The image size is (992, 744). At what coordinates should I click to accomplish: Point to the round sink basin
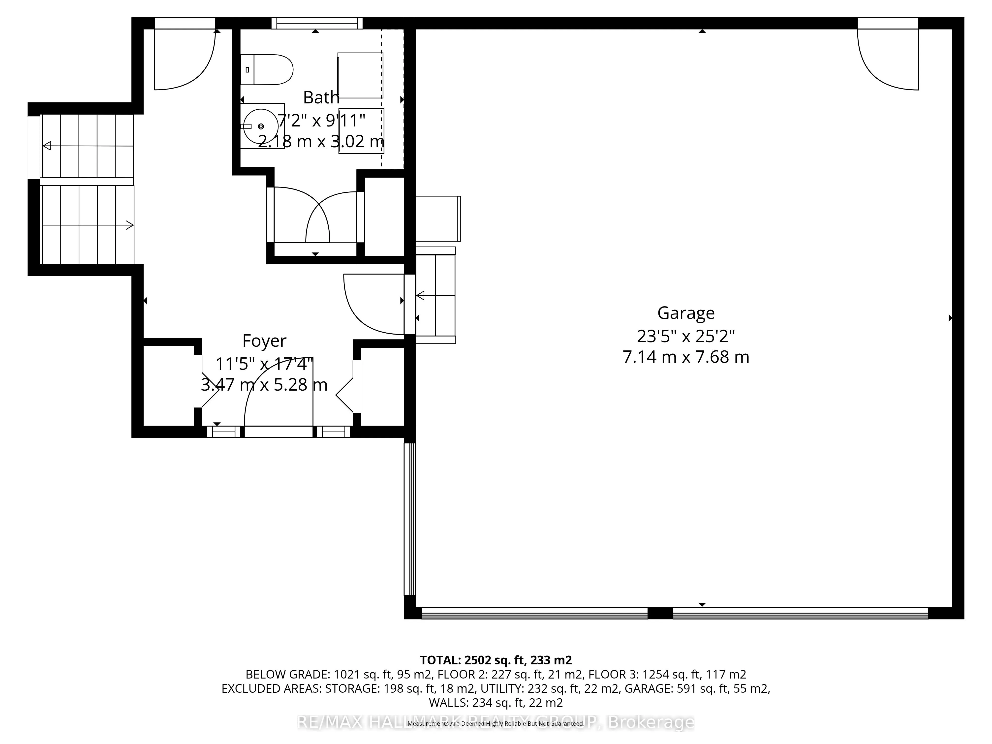pos(261,126)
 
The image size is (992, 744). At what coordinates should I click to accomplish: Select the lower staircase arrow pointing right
pos(129,225)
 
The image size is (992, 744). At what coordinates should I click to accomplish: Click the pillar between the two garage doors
pos(660,613)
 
